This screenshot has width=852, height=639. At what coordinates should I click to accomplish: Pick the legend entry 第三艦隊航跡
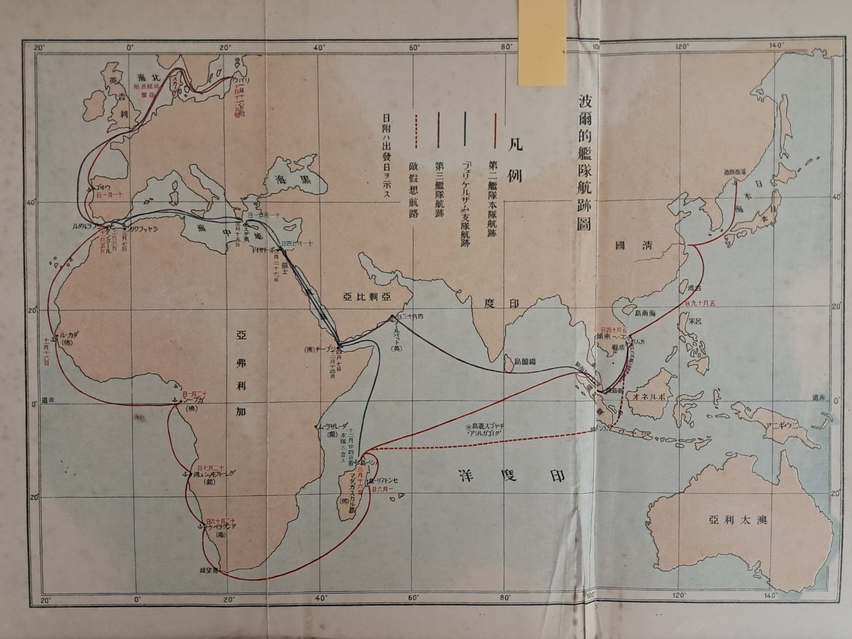coord(440,183)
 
